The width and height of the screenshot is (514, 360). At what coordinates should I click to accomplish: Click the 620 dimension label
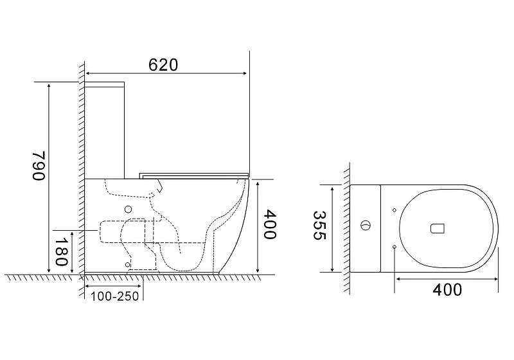coord(163,65)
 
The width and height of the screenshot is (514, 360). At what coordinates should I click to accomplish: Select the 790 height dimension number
coord(39,166)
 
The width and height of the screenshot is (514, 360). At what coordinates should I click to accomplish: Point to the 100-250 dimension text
coord(115,296)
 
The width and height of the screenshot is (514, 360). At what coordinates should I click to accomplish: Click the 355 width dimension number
coord(319,225)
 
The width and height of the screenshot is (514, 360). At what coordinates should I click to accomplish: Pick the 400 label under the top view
coord(447,290)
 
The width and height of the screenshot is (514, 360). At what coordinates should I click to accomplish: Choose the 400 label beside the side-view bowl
coord(270,224)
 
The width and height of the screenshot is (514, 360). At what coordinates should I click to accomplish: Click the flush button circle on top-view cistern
coord(366,225)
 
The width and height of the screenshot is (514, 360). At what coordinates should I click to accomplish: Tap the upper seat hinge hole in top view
coord(394,210)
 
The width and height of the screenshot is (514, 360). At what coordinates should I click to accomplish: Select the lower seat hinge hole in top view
coord(394,247)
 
